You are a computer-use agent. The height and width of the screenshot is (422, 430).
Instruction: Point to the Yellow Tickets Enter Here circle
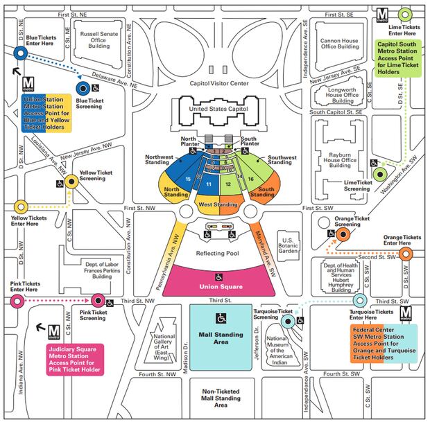[x=19, y=206]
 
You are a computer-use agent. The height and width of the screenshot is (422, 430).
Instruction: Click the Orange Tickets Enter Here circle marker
[x=406, y=254]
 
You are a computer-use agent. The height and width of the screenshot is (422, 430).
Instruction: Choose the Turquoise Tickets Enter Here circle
[x=359, y=301]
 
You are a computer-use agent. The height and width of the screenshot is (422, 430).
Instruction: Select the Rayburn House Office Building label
[x=340, y=160]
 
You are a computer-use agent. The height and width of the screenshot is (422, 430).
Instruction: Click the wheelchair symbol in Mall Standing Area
[x=221, y=319]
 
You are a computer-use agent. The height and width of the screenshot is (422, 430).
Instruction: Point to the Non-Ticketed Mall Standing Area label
[x=221, y=394]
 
